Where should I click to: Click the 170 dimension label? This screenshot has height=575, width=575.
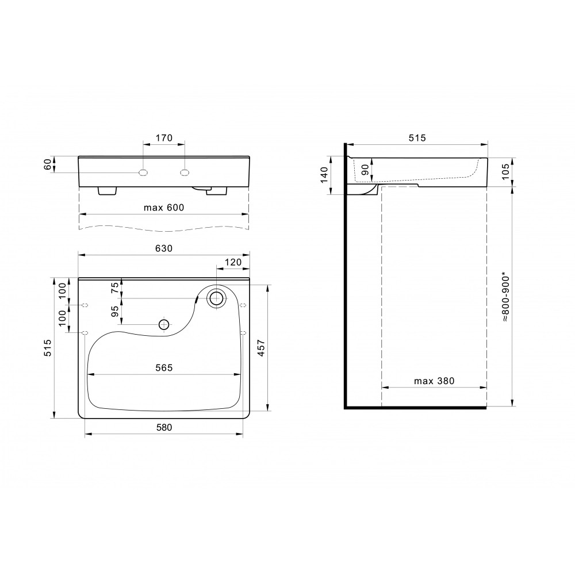164,138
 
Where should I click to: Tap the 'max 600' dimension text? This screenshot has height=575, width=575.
164,208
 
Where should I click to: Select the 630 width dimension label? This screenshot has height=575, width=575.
164,248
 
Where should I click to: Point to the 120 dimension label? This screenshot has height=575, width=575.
233,262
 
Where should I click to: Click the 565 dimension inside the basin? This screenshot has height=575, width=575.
164,368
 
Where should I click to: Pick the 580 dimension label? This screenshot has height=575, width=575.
164,428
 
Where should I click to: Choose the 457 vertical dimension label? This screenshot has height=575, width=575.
261,348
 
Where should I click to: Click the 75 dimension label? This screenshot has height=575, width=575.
115,287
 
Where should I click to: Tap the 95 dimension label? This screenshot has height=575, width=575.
115,311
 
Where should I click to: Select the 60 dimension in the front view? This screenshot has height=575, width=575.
48,164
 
